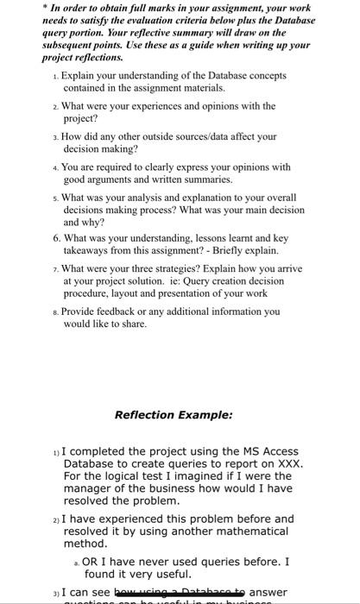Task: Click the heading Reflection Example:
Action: point(174,414)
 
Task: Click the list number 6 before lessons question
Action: point(56,238)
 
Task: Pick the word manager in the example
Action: point(84,488)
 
